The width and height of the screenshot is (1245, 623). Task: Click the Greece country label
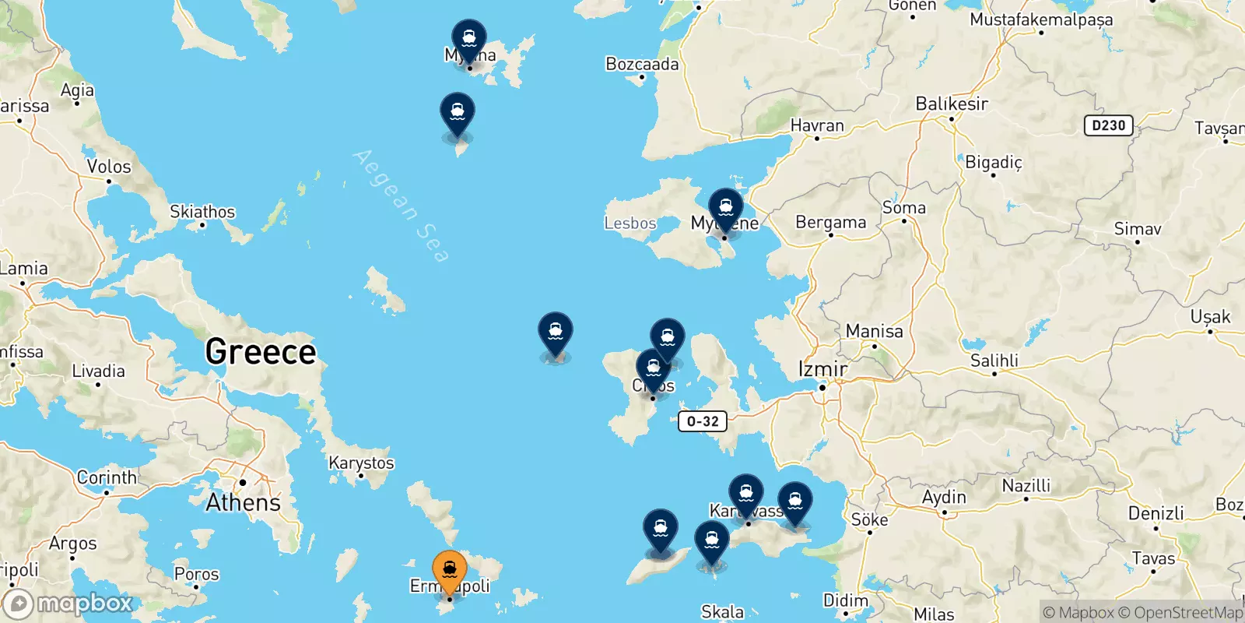pos(261,352)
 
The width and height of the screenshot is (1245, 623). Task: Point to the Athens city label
pos(243,502)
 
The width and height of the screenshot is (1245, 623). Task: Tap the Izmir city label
pos(822,368)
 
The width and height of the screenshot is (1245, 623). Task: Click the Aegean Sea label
pos(401,206)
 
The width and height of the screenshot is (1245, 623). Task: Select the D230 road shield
pos(1108,125)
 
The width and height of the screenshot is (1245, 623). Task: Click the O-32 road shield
pos(703,421)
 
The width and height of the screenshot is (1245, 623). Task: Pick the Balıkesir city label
pos(952,104)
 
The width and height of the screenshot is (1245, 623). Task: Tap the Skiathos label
pos(202,212)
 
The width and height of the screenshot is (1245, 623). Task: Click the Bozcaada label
pos(642,65)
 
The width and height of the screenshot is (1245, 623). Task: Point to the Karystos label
pos(361,463)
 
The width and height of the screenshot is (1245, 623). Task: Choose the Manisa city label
pos(874,331)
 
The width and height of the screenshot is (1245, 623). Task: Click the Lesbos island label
pos(630,224)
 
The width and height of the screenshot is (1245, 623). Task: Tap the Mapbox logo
pos(68,604)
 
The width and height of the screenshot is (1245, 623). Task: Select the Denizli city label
pos(1156,513)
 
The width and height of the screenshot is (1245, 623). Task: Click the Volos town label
pos(109,167)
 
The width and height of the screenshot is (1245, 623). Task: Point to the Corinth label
pos(107,477)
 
